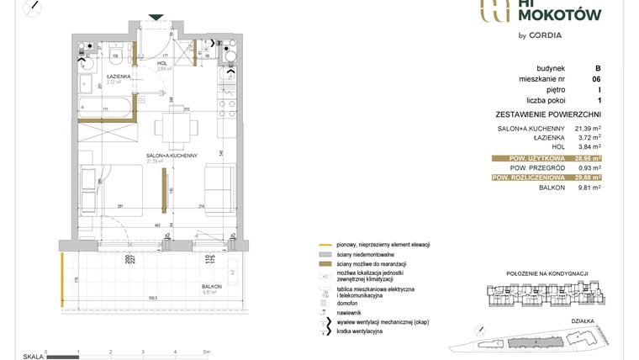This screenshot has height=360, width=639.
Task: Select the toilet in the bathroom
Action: [x=124, y=55]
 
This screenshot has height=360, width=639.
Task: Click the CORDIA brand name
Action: [x=544, y=35]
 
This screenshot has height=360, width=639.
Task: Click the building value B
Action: [x=597, y=68]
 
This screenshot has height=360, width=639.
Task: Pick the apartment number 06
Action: [x=596, y=79]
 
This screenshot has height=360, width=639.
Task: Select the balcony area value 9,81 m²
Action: [x=589, y=188]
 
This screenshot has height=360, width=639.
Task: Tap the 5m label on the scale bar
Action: [x=206, y=352]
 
